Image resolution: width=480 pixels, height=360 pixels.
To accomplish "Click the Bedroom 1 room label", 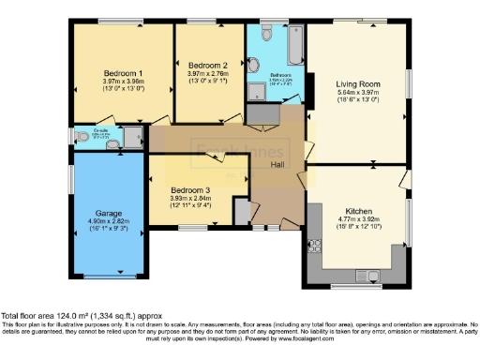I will pyautogui.click(x=123, y=73).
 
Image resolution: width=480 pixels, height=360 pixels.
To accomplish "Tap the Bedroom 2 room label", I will pyautogui.click(x=208, y=65).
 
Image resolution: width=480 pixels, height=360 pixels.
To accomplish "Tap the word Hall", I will pyautogui.click(x=278, y=166).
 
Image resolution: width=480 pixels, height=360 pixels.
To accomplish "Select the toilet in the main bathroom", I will pyautogui.click(x=265, y=32).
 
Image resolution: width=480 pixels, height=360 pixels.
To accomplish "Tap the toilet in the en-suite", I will pyautogui.click(x=112, y=144).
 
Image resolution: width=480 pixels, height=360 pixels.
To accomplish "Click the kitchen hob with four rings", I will pyautogui.click(x=314, y=246).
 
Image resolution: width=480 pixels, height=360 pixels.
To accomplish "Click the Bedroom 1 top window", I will pyautogui.click(x=123, y=21).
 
